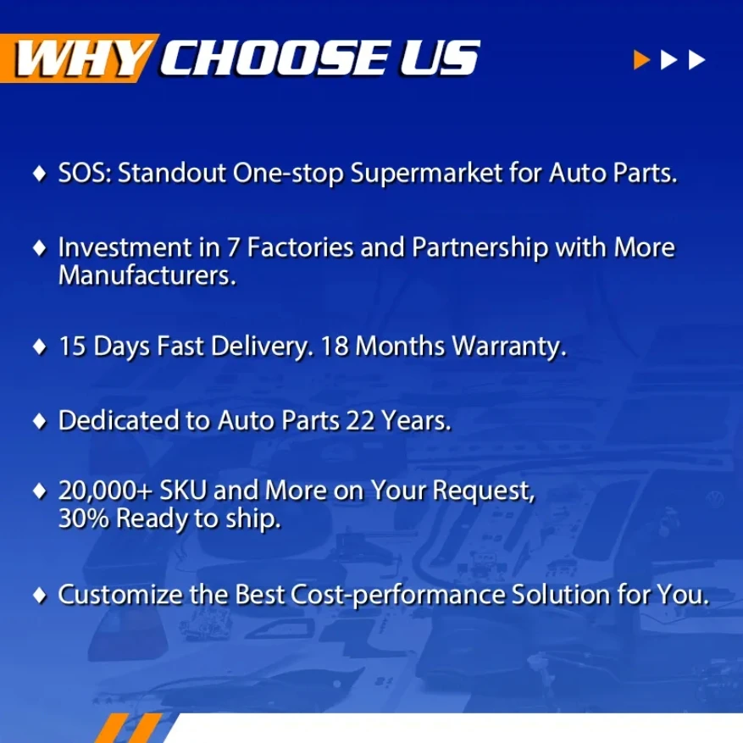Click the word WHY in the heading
80,58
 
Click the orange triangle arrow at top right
641,59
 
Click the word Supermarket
426,174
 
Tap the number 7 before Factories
233,248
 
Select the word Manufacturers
147,276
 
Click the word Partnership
480,249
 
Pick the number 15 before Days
73,347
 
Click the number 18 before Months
335,347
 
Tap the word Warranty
509,347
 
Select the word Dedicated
119,420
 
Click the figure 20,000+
105,491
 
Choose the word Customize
120,595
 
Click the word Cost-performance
398,596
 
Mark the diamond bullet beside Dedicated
40,421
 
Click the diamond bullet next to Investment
40,248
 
